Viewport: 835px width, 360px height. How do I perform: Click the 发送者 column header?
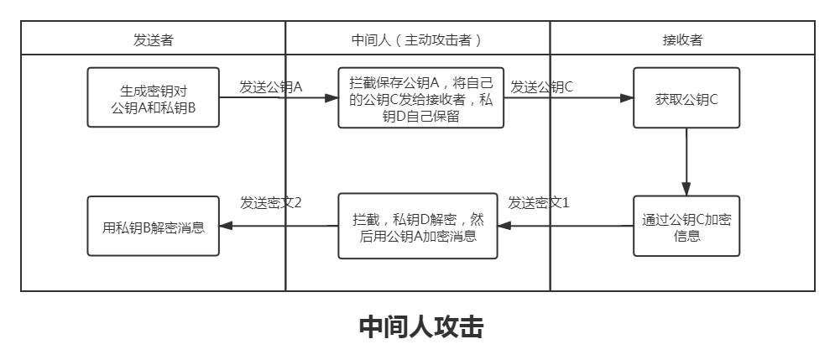[x=154, y=39]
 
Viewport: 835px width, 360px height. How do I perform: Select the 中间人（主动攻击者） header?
[x=417, y=39]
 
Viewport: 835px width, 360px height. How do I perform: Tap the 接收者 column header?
[x=682, y=39]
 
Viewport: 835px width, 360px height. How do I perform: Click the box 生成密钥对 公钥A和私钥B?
[x=154, y=97]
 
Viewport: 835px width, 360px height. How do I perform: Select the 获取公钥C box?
[x=686, y=98]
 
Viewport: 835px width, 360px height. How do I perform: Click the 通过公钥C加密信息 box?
[x=686, y=225]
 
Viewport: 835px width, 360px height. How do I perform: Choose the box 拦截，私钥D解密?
[x=417, y=225]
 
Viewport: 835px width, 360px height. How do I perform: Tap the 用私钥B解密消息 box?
[x=154, y=225]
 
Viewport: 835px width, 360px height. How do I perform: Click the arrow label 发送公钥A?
[x=271, y=86]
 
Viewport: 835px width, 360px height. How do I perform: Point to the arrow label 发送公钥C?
[x=541, y=86]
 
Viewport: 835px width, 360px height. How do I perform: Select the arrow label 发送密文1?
[x=539, y=202]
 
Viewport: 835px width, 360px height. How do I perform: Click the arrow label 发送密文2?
[x=271, y=202]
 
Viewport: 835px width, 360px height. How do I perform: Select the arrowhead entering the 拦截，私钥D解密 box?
[x=504, y=225]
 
